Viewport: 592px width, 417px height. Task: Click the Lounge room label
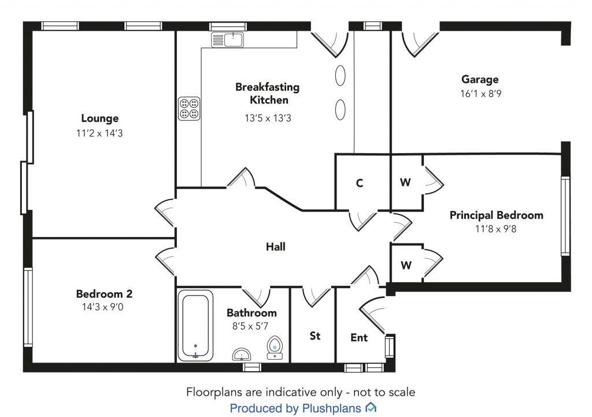click(99, 119)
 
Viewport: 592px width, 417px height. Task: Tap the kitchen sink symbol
click(228, 40)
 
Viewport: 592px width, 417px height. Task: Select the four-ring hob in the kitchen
click(189, 108)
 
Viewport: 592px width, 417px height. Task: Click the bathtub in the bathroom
click(195, 326)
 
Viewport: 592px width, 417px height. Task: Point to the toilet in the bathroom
click(275, 347)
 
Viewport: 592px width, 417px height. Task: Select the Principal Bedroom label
click(497, 215)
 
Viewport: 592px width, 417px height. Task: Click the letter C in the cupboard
click(360, 183)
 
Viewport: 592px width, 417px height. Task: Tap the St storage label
click(315, 336)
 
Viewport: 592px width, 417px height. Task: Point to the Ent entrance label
click(359, 338)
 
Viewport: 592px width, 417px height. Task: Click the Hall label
click(276, 247)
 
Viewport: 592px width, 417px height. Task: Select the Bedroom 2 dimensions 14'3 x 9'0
click(104, 307)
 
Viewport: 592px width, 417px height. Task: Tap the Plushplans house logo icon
click(371, 408)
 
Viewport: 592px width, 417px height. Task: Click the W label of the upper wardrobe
click(405, 183)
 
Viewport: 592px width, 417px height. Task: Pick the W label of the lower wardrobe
click(406, 265)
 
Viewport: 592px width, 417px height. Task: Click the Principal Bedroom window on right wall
click(565, 216)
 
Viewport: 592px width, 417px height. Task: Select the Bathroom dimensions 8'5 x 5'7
click(251, 326)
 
